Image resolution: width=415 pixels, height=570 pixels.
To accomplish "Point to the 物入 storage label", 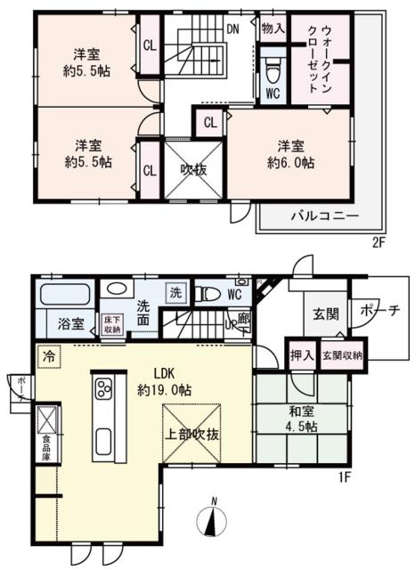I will [x=272, y=29].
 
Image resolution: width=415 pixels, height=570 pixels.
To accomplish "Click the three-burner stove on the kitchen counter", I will [x=103, y=389].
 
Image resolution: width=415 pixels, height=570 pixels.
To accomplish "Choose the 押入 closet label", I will [x=300, y=354].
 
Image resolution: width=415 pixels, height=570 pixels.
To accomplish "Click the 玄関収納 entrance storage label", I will [x=342, y=355].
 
